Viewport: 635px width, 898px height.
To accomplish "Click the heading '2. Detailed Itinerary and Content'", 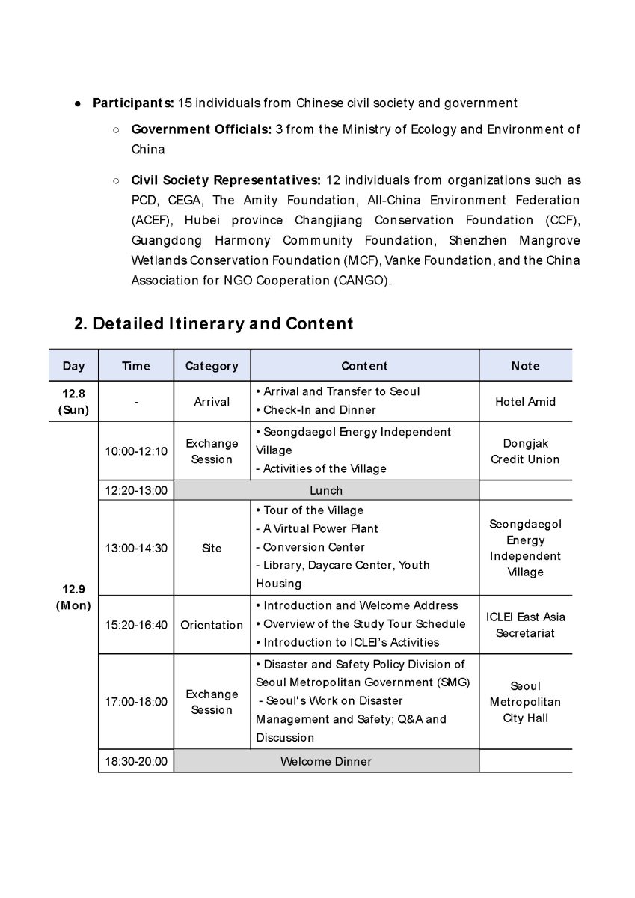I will [213, 324].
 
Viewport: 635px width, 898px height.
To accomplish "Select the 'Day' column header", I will [73, 366].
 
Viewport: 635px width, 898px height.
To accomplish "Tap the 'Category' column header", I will [212, 366].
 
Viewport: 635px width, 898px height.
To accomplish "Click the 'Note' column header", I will [525, 366].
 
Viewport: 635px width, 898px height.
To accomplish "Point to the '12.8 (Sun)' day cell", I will [73, 401].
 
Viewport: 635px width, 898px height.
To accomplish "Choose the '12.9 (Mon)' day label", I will [73, 597].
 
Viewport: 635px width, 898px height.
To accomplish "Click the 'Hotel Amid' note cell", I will [525, 402].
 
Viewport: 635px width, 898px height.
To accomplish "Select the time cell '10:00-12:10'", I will [136, 451].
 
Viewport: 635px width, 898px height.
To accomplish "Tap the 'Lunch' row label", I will [326, 491].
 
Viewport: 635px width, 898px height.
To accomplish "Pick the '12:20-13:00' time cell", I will [136, 491].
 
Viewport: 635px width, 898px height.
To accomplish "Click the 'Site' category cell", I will [212, 548].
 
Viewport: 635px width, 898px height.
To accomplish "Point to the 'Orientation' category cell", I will [212, 625].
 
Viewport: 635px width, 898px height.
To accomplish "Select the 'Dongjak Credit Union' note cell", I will [525, 451].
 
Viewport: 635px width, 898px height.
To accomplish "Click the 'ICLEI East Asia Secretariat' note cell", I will [525, 625].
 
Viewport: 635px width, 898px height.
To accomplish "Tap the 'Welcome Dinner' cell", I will [326, 762].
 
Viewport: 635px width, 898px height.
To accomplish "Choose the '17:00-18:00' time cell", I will [136, 702].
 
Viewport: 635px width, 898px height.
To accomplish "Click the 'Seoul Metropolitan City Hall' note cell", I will [525, 702].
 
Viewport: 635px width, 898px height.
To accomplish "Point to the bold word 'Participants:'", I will [133, 103].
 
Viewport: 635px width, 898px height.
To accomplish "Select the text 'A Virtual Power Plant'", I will [320, 528].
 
